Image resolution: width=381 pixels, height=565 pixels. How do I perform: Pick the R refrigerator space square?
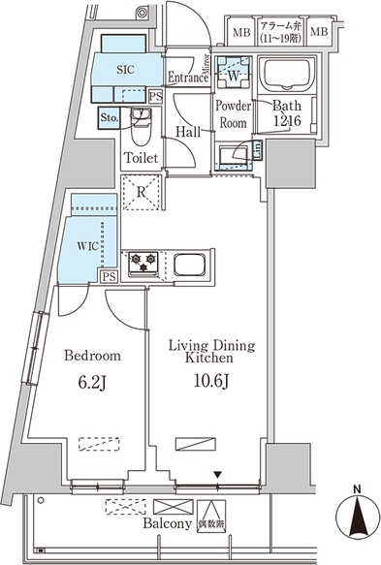point(142,192)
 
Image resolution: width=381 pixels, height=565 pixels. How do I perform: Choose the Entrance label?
point(188,78)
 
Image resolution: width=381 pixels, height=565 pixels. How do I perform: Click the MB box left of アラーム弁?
point(238,31)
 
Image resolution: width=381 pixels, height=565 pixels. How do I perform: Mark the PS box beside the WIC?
point(109,276)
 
